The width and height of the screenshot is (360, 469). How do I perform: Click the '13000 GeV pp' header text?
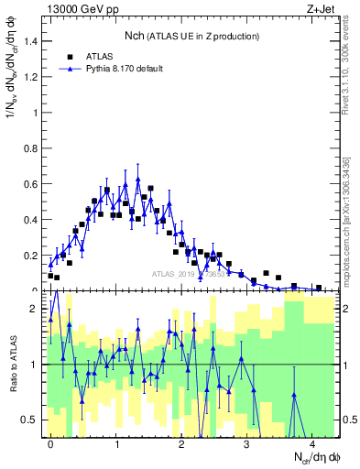[80, 8]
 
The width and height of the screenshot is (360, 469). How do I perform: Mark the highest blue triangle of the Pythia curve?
[137, 180]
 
